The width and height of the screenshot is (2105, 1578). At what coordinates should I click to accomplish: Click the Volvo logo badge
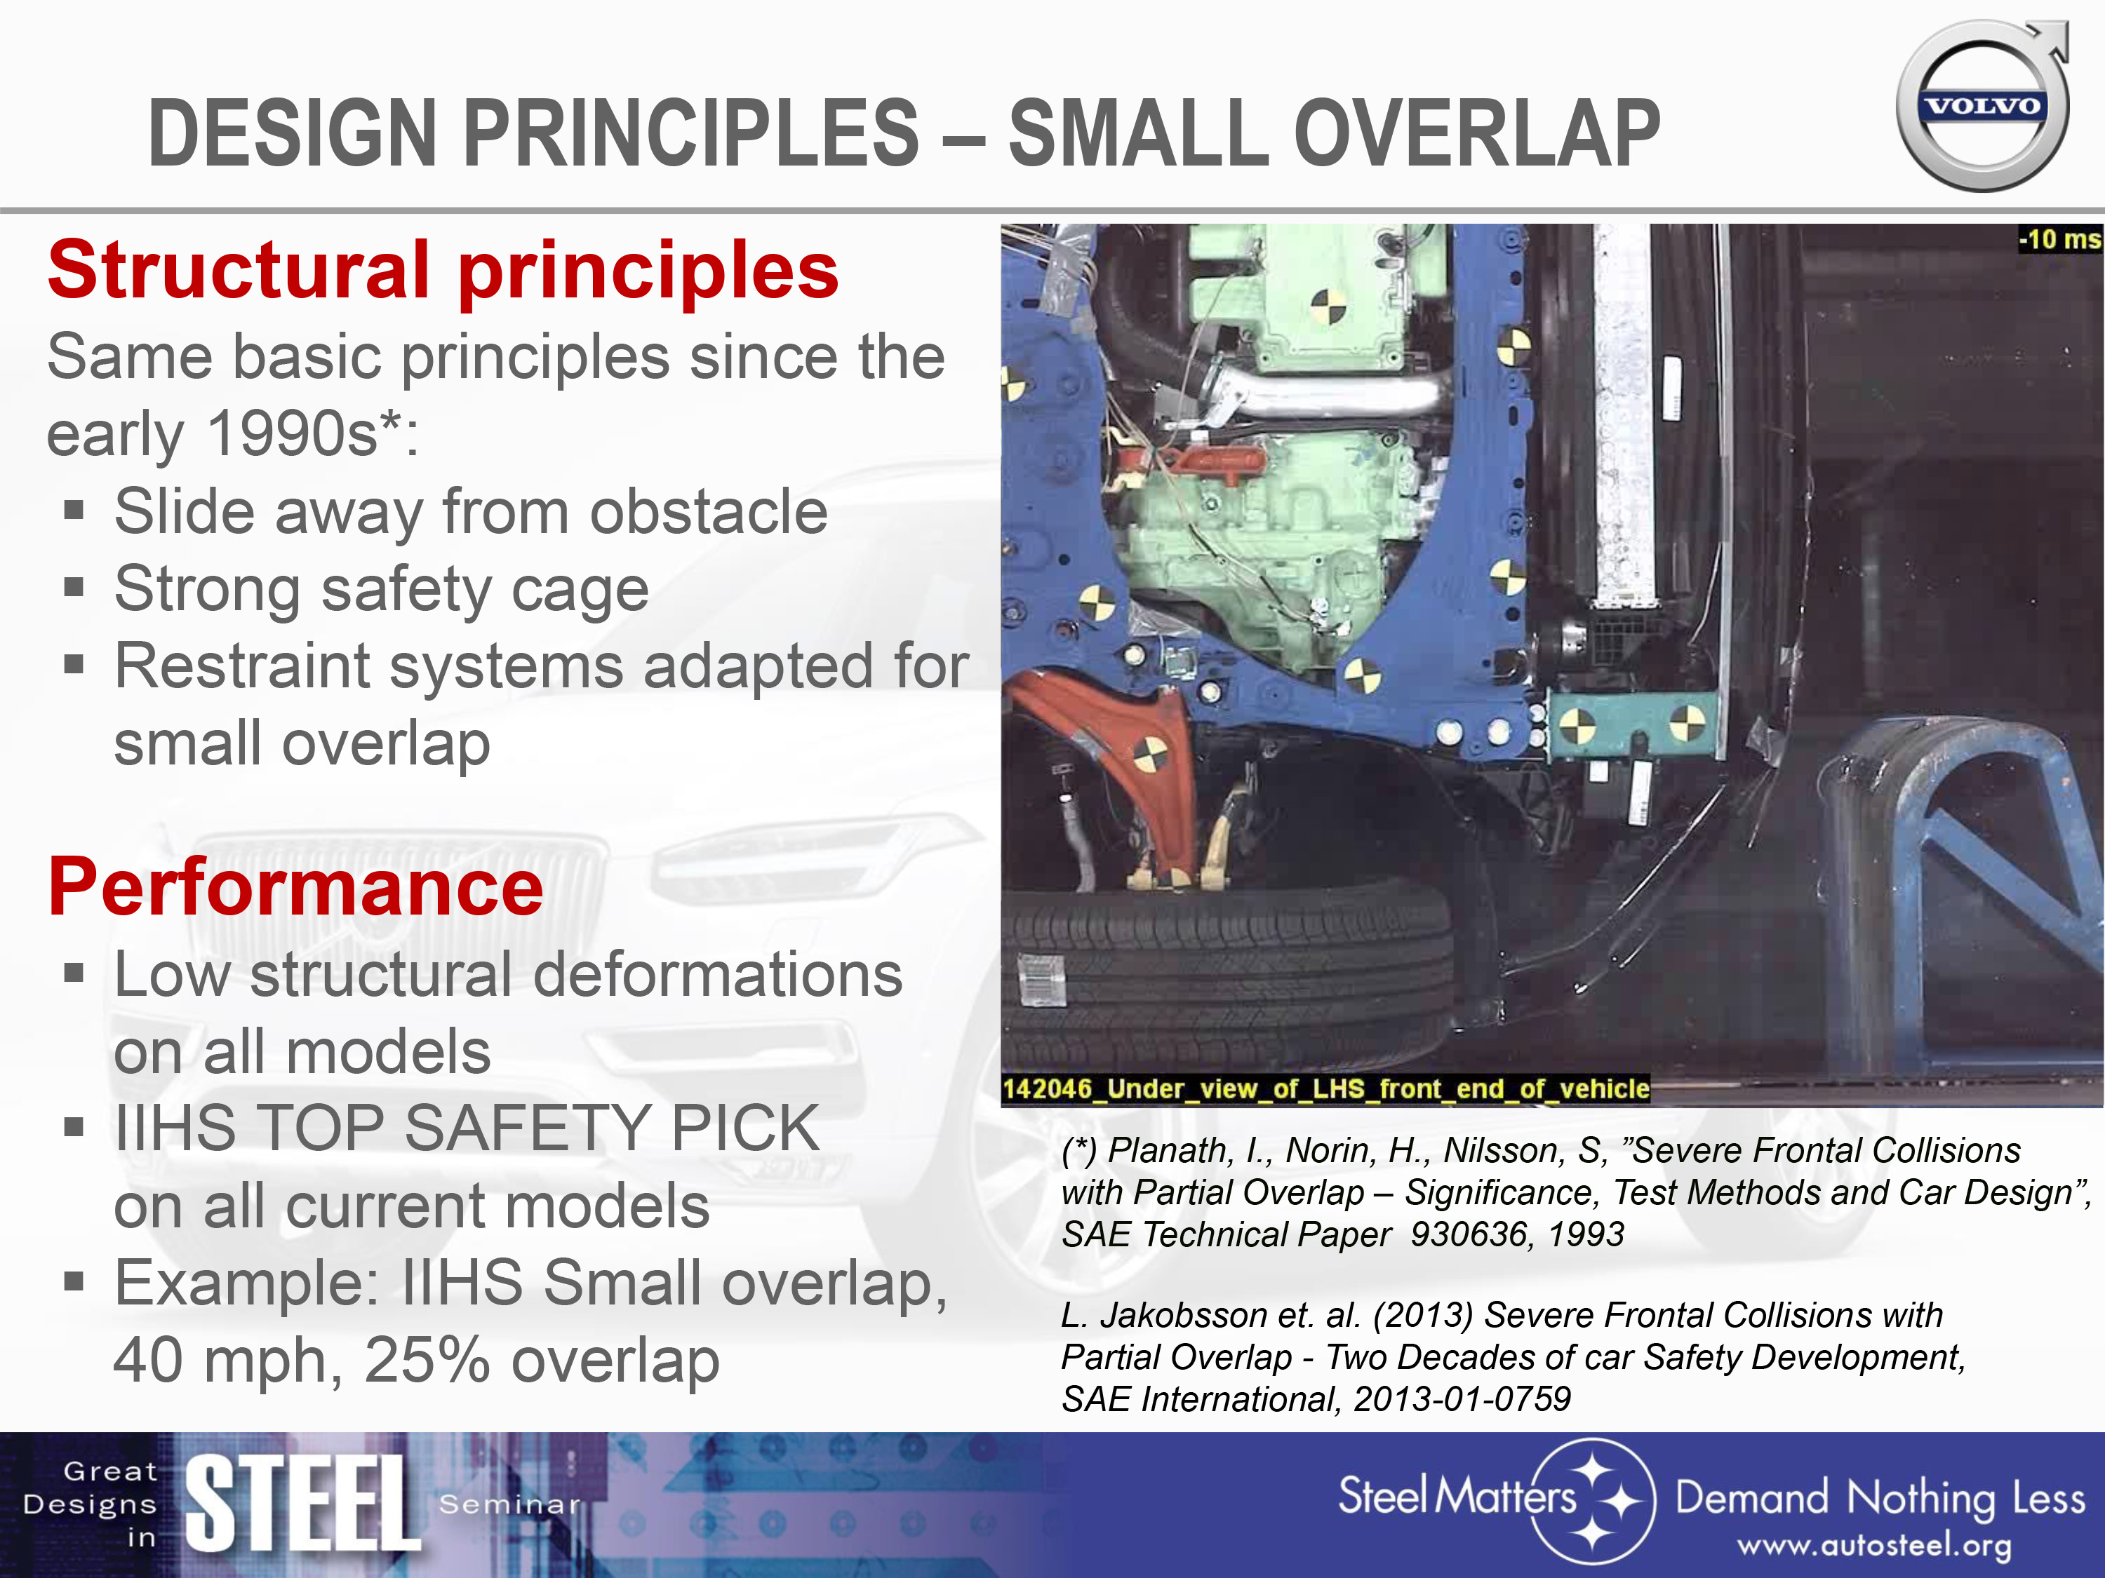[1983, 104]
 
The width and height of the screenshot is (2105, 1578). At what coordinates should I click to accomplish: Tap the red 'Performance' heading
[296, 886]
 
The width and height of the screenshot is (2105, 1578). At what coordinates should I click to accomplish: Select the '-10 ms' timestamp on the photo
[2059, 238]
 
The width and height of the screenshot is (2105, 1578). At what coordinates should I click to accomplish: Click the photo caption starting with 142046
[1325, 1088]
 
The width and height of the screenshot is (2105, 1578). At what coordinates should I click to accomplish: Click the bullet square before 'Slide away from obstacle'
[74, 512]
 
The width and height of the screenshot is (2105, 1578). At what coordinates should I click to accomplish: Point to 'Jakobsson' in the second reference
[1184, 1316]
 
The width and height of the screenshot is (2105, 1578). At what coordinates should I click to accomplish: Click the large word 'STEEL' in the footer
[302, 1504]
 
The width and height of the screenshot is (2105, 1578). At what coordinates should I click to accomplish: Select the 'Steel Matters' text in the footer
[1457, 1495]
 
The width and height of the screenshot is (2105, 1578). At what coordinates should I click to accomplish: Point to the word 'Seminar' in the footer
[509, 1505]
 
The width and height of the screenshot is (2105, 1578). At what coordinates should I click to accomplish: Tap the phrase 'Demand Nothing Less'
[1880, 1499]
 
